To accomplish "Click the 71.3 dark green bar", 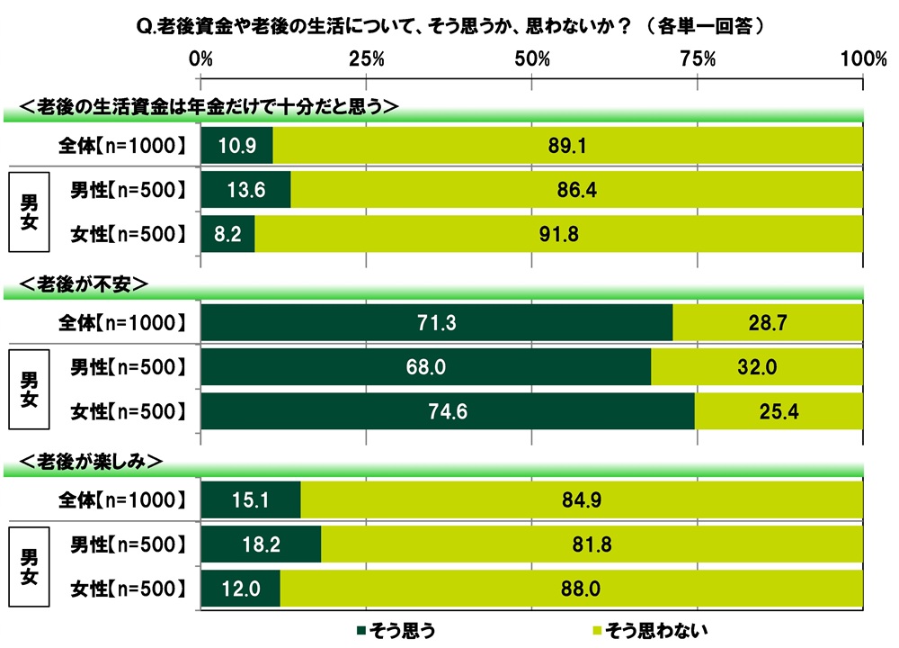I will (x=437, y=322).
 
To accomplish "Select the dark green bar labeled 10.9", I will (x=236, y=144).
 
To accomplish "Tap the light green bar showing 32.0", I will (x=757, y=366).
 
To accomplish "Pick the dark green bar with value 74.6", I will (x=448, y=411).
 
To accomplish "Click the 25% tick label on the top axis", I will (x=366, y=59).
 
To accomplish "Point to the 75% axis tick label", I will (x=698, y=59).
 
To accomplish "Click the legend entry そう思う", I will (x=400, y=627).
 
